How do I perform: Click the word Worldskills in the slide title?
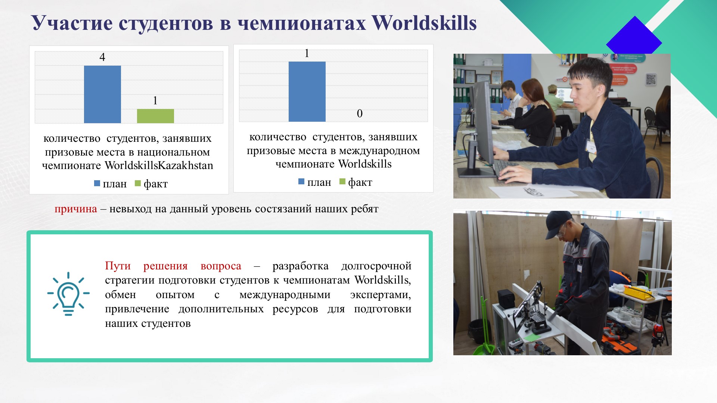(424, 23)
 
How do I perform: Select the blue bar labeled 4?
(102, 94)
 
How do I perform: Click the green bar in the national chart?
(155, 116)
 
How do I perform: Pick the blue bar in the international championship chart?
(307, 91)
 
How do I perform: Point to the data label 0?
(360, 113)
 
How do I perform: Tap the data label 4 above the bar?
(102, 57)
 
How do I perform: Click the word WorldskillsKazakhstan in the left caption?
(159, 165)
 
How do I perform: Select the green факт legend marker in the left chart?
(137, 183)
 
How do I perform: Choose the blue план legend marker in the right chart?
(301, 182)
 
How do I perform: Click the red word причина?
(76, 209)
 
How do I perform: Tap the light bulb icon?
(68, 294)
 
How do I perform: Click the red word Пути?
(118, 266)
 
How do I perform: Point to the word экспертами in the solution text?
(381, 295)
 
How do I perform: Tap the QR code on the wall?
(651, 79)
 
